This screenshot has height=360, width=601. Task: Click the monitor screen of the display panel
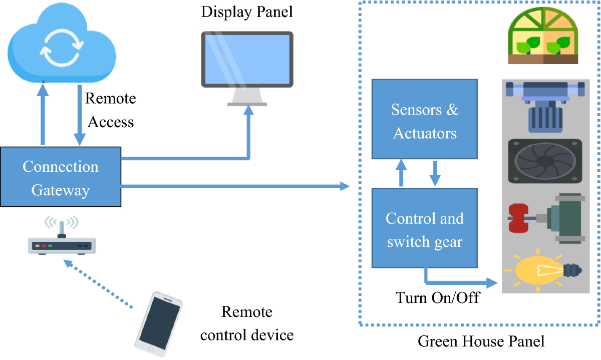247,59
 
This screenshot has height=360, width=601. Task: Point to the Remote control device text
247,323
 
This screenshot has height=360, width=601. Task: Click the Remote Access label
110,110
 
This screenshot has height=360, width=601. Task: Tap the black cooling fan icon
545,161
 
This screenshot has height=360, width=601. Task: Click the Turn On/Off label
438,298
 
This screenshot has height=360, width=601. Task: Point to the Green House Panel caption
481,342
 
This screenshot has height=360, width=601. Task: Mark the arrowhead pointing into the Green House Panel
345,187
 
